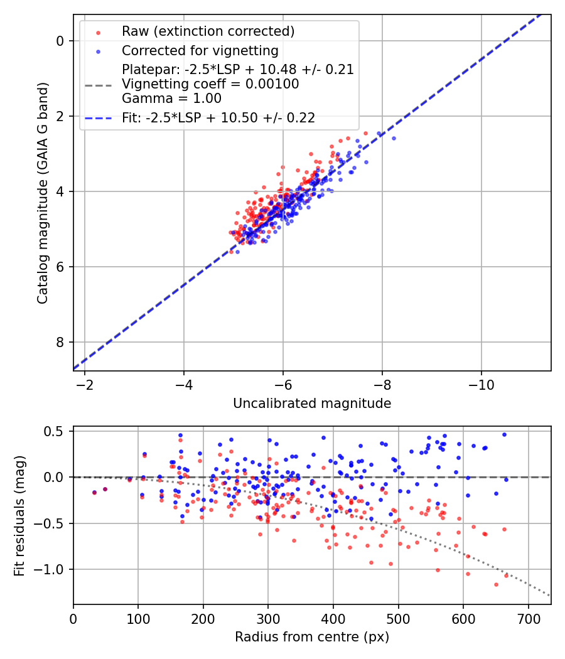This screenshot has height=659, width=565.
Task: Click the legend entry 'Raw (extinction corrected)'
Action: pos(208,31)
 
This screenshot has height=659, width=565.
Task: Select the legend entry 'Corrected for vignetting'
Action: pos(200,50)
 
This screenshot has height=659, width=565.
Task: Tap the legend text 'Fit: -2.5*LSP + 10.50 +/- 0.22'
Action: pos(218,117)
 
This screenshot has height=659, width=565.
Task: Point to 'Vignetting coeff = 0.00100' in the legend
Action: pos(210,83)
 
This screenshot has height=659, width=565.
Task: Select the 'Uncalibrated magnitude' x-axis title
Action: pos(312,404)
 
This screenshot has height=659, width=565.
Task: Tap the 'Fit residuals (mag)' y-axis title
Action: pos(19,515)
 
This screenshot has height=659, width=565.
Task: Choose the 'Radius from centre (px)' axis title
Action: pos(312,637)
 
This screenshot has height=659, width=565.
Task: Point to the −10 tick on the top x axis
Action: pos(482,383)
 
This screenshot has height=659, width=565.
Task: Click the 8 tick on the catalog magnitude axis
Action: pos(60,342)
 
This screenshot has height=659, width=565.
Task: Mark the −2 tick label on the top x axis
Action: pos(85,383)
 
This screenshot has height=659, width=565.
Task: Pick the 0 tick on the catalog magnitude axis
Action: pos(60,41)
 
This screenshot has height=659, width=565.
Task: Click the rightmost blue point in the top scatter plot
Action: pos(394,138)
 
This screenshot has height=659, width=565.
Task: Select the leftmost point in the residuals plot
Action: pos(94,492)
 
